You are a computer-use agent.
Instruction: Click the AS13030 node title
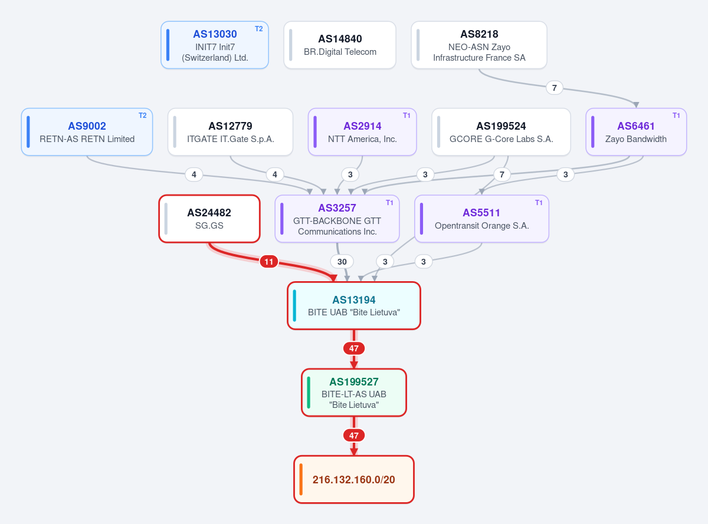(215, 34)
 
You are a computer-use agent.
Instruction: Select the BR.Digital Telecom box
(340, 45)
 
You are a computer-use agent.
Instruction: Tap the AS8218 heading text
(479, 34)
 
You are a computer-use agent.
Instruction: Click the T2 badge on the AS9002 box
(142, 116)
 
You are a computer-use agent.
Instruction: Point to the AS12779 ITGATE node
(230, 132)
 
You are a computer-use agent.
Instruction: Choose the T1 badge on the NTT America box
(407, 116)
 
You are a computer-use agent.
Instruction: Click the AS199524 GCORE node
(501, 132)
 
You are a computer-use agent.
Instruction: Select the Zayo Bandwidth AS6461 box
(636, 132)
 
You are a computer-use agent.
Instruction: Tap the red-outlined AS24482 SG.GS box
(209, 219)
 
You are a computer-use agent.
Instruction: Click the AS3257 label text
(337, 208)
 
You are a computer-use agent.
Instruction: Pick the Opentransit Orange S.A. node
(481, 219)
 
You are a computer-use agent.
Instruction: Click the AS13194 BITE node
(353, 305)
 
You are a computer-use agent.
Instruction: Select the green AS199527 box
(353, 393)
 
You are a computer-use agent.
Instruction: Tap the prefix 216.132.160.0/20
(353, 479)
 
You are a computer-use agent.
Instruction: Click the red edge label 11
(269, 262)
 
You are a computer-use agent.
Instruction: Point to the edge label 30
(342, 262)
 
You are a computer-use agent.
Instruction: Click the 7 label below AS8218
(554, 88)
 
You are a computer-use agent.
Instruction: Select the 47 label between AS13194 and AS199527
(353, 348)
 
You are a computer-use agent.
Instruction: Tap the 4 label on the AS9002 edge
(194, 175)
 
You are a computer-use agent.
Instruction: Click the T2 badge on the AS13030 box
(258, 29)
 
